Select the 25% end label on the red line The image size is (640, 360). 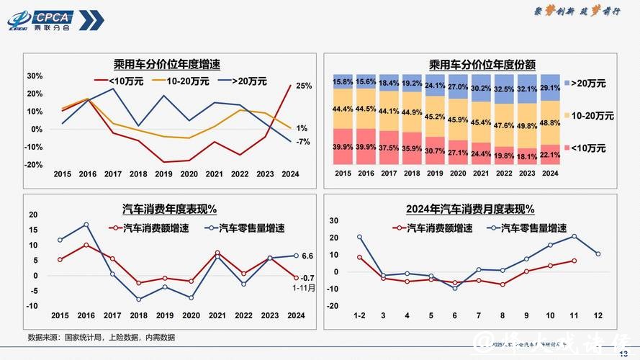pos(304,86)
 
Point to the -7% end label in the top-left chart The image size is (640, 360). pos(303,142)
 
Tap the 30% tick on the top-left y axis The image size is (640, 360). pos(35,76)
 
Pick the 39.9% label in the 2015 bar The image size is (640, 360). pos(343,147)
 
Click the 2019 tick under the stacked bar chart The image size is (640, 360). pos(433,174)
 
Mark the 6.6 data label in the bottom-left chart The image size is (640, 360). pos(307,256)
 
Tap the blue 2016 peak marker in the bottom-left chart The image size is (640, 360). pos(86,225)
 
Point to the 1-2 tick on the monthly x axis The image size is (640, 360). pos(359,315)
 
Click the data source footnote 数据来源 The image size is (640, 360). pos(101,337)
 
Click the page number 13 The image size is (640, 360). pos(623,352)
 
